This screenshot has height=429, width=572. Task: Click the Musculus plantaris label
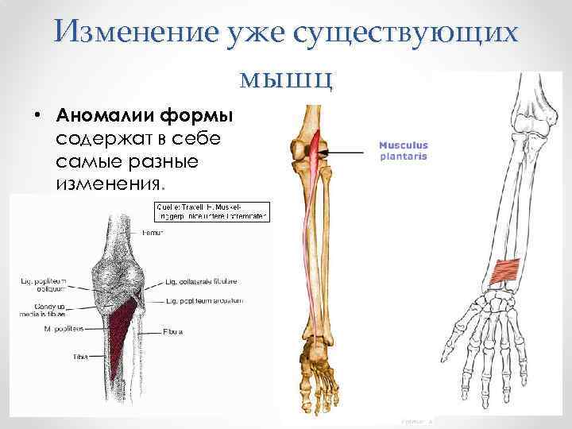point(403,151)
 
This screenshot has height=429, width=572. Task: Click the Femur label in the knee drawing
point(153,233)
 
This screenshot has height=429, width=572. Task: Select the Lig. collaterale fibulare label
point(202,280)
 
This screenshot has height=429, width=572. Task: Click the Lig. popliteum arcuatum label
point(204,301)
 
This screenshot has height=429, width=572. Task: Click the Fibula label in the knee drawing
point(173,330)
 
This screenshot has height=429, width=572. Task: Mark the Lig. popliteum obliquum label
point(44,284)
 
